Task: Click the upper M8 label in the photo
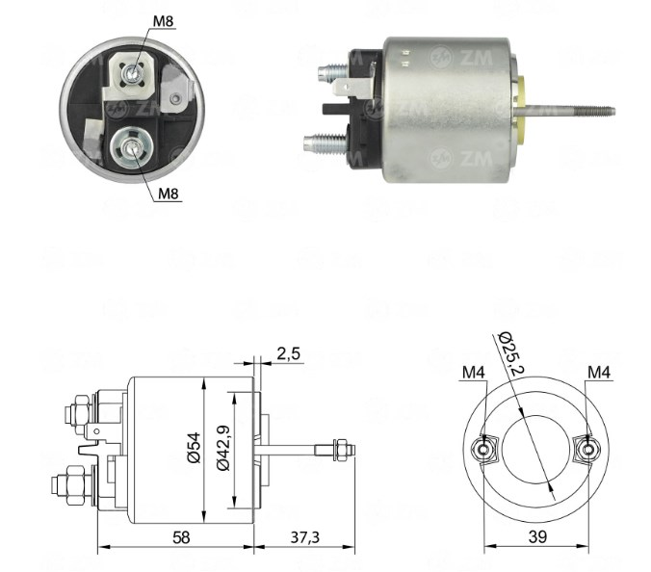[x=163, y=21]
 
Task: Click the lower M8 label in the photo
[x=169, y=194]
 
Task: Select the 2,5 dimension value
[x=288, y=354]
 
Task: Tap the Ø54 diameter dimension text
[x=194, y=448]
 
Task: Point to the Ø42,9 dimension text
[x=223, y=448]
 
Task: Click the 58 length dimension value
[x=181, y=537]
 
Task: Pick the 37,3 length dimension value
[x=304, y=537]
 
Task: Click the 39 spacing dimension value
[x=537, y=536]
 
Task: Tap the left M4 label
[x=474, y=373]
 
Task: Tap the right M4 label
[x=599, y=373]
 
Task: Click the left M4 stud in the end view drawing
[x=483, y=450]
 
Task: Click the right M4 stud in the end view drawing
[x=587, y=450]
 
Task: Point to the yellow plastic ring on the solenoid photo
[x=520, y=110]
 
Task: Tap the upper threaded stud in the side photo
[x=332, y=72]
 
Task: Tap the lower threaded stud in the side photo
[x=325, y=143]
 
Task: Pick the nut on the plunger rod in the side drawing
[x=341, y=450]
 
